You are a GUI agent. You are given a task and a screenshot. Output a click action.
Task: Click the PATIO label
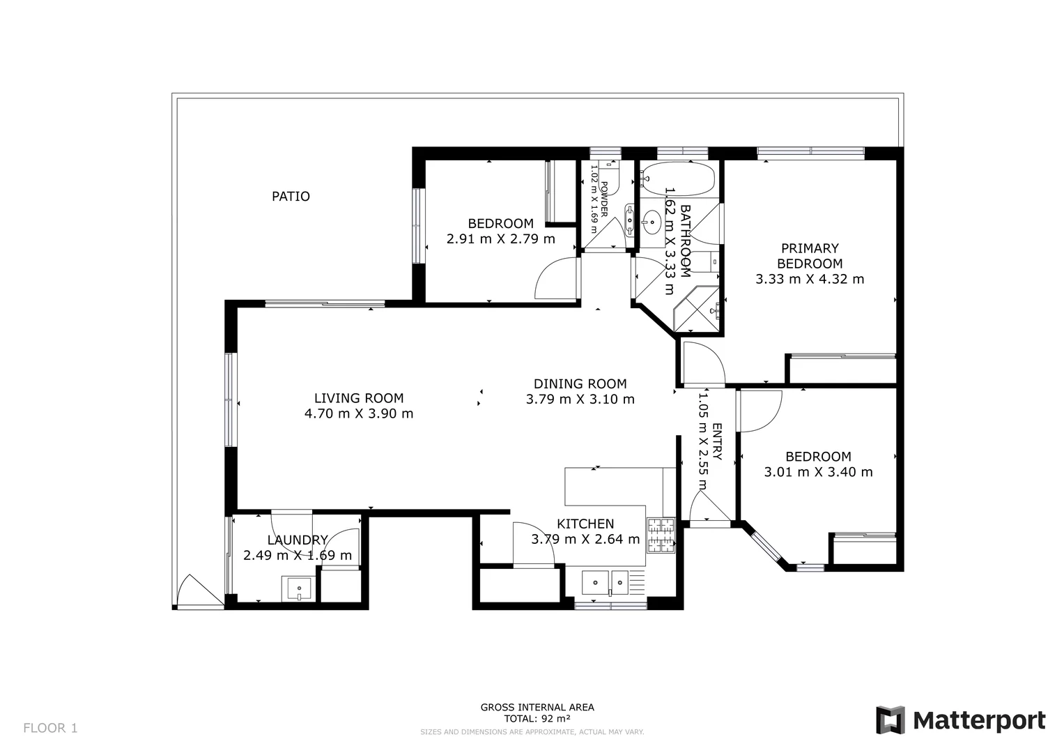click(x=291, y=197)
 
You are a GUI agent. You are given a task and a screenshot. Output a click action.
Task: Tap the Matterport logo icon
click(x=890, y=720)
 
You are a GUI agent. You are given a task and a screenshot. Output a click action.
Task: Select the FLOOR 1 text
click(x=50, y=729)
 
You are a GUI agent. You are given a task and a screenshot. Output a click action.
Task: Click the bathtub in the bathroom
click(x=677, y=179)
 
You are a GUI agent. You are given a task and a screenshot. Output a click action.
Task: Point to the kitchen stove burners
click(x=661, y=535)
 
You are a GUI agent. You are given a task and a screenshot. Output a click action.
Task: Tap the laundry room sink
click(x=299, y=588)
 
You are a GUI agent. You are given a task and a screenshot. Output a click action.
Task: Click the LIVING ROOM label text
click(x=359, y=398)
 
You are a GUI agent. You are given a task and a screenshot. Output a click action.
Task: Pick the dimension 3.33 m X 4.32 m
click(x=810, y=279)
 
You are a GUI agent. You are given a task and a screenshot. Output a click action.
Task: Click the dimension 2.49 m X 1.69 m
click(x=298, y=556)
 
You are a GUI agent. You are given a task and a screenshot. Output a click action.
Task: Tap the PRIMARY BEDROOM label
click(x=810, y=256)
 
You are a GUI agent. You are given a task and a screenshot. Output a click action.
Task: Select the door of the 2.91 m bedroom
click(x=557, y=280)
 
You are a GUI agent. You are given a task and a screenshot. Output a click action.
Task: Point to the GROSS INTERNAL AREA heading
click(x=537, y=707)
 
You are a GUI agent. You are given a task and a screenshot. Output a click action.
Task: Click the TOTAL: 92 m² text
click(x=537, y=718)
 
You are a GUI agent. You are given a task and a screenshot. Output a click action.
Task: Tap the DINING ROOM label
click(x=580, y=383)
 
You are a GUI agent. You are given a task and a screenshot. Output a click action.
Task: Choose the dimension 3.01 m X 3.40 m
click(x=818, y=472)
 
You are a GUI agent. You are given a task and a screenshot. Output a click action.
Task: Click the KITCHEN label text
click(x=585, y=524)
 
